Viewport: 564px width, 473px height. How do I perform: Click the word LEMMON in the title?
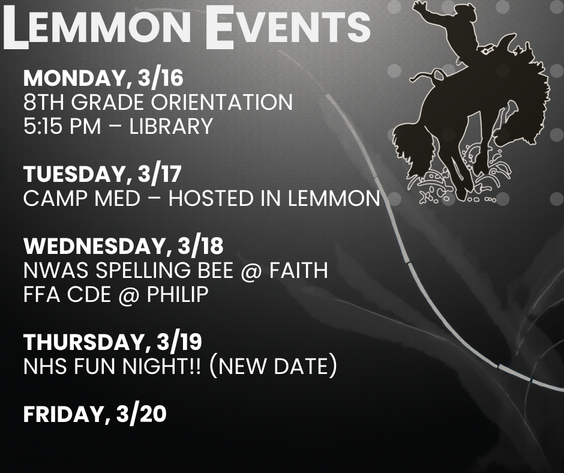97,26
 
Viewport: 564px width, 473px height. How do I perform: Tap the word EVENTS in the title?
288,26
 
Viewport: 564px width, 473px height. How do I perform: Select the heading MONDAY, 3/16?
104,78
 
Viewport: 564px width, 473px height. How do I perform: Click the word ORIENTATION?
221,102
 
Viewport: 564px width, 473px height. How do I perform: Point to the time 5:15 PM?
62,126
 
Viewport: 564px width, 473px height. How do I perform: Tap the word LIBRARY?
171,126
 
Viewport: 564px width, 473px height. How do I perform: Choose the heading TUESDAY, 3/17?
103,174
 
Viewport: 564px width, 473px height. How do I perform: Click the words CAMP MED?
82,198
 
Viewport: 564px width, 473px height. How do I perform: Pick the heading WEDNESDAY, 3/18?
124,246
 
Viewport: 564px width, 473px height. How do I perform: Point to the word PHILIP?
178,295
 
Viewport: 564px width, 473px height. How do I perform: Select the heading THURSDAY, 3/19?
113,342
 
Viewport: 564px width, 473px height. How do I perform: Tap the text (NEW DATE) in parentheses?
273,366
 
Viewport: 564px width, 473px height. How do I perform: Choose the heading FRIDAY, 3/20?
95,414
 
